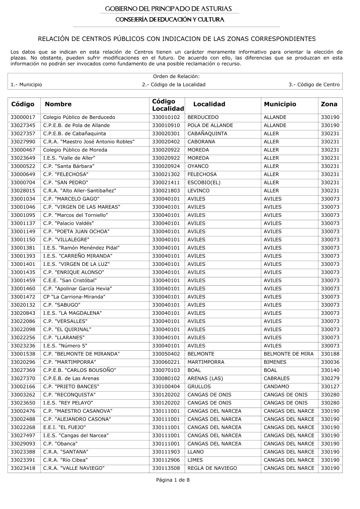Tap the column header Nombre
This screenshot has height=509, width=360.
[58, 104]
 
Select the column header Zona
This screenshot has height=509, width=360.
[329, 104]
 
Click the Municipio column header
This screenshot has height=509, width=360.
[280, 104]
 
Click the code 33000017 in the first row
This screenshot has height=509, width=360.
[23, 117]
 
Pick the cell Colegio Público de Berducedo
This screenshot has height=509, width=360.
[79, 117]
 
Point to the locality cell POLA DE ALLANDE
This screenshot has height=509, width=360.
[210, 126]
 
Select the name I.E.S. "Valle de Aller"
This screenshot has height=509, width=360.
[69, 158]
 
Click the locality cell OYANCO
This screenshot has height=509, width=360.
[198, 166]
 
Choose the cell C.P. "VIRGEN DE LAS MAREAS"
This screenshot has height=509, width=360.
[82, 207]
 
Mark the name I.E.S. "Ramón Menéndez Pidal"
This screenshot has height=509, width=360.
[81, 248]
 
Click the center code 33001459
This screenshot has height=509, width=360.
[23, 281]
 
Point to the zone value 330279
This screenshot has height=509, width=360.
[330, 378]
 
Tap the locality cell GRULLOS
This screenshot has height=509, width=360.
[199, 387]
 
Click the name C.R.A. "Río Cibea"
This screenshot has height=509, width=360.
[66, 460]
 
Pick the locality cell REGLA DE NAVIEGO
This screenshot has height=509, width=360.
[212, 468]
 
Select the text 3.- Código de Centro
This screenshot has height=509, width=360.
[314, 85]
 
